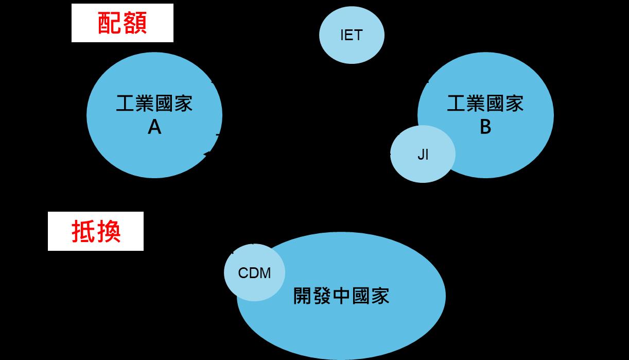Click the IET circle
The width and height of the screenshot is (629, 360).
point(352,36)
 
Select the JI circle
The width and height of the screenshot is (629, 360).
point(423,155)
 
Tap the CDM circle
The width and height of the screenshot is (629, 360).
point(254,272)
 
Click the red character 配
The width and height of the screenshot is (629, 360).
point(110,23)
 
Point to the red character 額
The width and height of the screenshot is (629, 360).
point(135,23)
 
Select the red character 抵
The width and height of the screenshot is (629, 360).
point(83,231)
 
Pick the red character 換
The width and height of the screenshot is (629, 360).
point(109,231)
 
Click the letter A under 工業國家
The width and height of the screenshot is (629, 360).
point(154,127)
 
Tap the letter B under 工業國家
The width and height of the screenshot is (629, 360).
point(485,127)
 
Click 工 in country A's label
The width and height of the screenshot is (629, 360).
point(126,104)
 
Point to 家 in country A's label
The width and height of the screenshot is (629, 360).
point(183,104)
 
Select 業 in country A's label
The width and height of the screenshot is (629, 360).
point(145,104)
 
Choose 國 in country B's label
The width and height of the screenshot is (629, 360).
point(495,104)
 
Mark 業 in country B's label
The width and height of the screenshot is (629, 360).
point(476,104)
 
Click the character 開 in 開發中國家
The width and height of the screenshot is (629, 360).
point(303,296)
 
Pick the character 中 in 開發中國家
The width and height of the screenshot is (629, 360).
point(341,296)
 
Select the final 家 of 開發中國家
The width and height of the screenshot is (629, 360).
point(379,296)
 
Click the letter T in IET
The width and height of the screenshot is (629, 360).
point(358,36)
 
